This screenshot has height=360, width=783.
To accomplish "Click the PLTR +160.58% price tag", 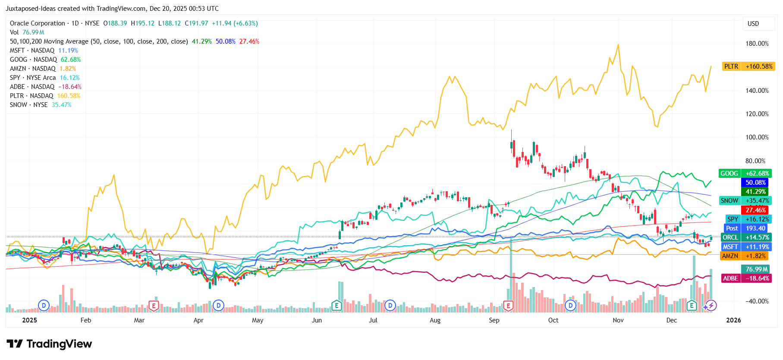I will pyautogui.click(x=748, y=66).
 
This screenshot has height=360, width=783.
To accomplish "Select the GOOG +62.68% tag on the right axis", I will pyautogui.click(x=745, y=174).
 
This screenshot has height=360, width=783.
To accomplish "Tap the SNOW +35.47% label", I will pyautogui.click(x=745, y=201).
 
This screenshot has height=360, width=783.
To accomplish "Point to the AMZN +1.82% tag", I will pyautogui.click(x=745, y=256).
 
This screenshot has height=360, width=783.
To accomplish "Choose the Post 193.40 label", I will pyautogui.click(x=745, y=228).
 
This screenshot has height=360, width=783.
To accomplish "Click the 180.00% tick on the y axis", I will pyautogui.click(x=757, y=44).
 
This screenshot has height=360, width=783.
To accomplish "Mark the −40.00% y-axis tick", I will pyautogui.click(x=757, y=301).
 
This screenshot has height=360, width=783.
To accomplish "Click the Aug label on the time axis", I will pyautogui.click(x=435, y=320).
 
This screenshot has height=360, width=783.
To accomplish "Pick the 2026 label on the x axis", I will pyautogui.click(x=733, y=320).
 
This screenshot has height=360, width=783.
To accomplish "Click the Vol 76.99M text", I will pyautogui.click(x=27, y=32).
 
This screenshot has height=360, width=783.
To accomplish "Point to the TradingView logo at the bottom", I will pyautogui.click(x=50, y=344).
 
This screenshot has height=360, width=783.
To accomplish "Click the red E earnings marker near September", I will pyautogui.click(x=508, y=306).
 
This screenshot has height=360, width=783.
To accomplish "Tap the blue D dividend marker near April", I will pyautogui.click(x=219, y=306).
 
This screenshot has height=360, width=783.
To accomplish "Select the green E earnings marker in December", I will pyautogui.click(x=692, y=306).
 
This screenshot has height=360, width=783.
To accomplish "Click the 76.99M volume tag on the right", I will pyautogui.click(x=756, y=269).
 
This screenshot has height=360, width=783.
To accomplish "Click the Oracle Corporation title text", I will pyautogui.click(x=38, y=23).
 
